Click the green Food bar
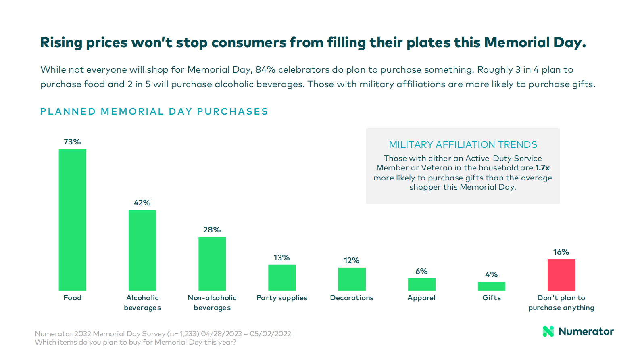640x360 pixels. click(73, 220)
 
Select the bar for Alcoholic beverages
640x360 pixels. click(142, 250)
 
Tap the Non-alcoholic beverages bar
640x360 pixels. click(212, 264)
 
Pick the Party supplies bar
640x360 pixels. click(282, 277)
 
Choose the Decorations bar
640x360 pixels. click(352, 279)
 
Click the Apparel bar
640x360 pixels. click(421, 285)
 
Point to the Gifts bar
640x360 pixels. click(491, 286)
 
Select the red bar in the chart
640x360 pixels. click(561, 275)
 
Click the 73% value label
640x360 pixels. click(72, 142)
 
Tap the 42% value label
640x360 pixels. click(142, 203)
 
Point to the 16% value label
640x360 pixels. click(561, 252)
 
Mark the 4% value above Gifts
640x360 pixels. click(491, 275)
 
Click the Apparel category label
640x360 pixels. click(421, 298)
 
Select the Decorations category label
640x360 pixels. click(352, 298)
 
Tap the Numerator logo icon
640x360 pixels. click(548, 331)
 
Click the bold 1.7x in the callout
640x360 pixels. click(542, 168)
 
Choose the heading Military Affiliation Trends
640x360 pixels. click(463, 144)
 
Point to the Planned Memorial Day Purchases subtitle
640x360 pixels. click(154, 111)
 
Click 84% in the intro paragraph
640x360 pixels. click(265, 70)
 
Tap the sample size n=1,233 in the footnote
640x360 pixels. click(183, 334)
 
